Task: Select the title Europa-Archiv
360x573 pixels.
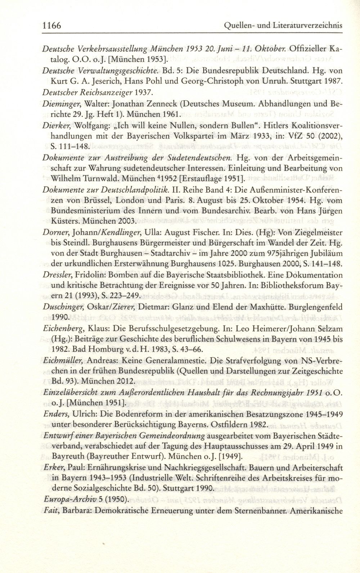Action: click(x=66, y=500)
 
